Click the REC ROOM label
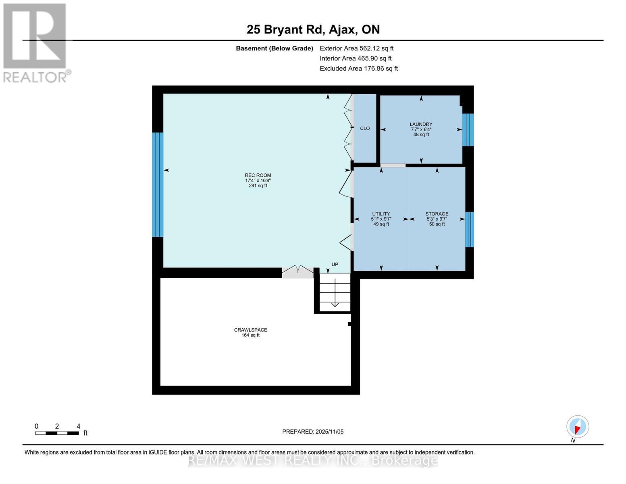point(258,175)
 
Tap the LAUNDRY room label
point(421,124)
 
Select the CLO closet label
point(365,128)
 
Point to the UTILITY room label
point(381,214)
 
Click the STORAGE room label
point(437,214)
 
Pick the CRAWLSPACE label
point(250,330)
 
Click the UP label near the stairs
point(335,265)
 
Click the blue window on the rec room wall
point(158,185)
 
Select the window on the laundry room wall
point(468,129)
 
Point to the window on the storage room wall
point(469,229)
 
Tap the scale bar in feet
point(57,433)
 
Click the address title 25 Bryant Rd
point(313,29)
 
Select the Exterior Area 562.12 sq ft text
point(356,48)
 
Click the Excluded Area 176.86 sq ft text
point(358,69)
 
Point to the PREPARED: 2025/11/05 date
point(313,432)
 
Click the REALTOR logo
point(35,42)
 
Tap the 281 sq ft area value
point(258,186)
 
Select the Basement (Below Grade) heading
point(274,48)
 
